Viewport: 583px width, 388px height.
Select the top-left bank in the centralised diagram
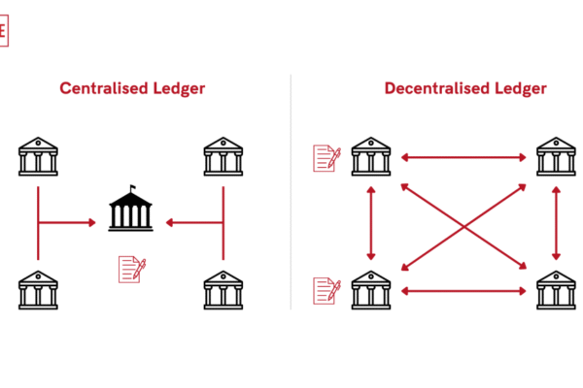coord(38,155)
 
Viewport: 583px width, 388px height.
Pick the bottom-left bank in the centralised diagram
coord(38,289)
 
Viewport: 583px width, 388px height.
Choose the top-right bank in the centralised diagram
coord(223,155)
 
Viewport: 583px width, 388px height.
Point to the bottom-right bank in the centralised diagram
coord(223,289)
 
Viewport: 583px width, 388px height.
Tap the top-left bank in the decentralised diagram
coord(370,155)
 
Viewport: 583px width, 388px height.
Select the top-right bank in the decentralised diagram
coord(556,155)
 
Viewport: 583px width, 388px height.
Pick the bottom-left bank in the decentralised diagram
coord(370,289)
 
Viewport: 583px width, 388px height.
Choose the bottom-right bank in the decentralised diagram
coord(556,289)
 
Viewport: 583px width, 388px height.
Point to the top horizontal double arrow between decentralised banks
coord(463,155)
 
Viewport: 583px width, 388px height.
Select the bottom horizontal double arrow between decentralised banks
coord(463,289)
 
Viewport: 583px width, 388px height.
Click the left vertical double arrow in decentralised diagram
coord(370,222)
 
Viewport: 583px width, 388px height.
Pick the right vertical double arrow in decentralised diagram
coord(556,222)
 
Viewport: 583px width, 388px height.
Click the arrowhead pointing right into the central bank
coord(92,223)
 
